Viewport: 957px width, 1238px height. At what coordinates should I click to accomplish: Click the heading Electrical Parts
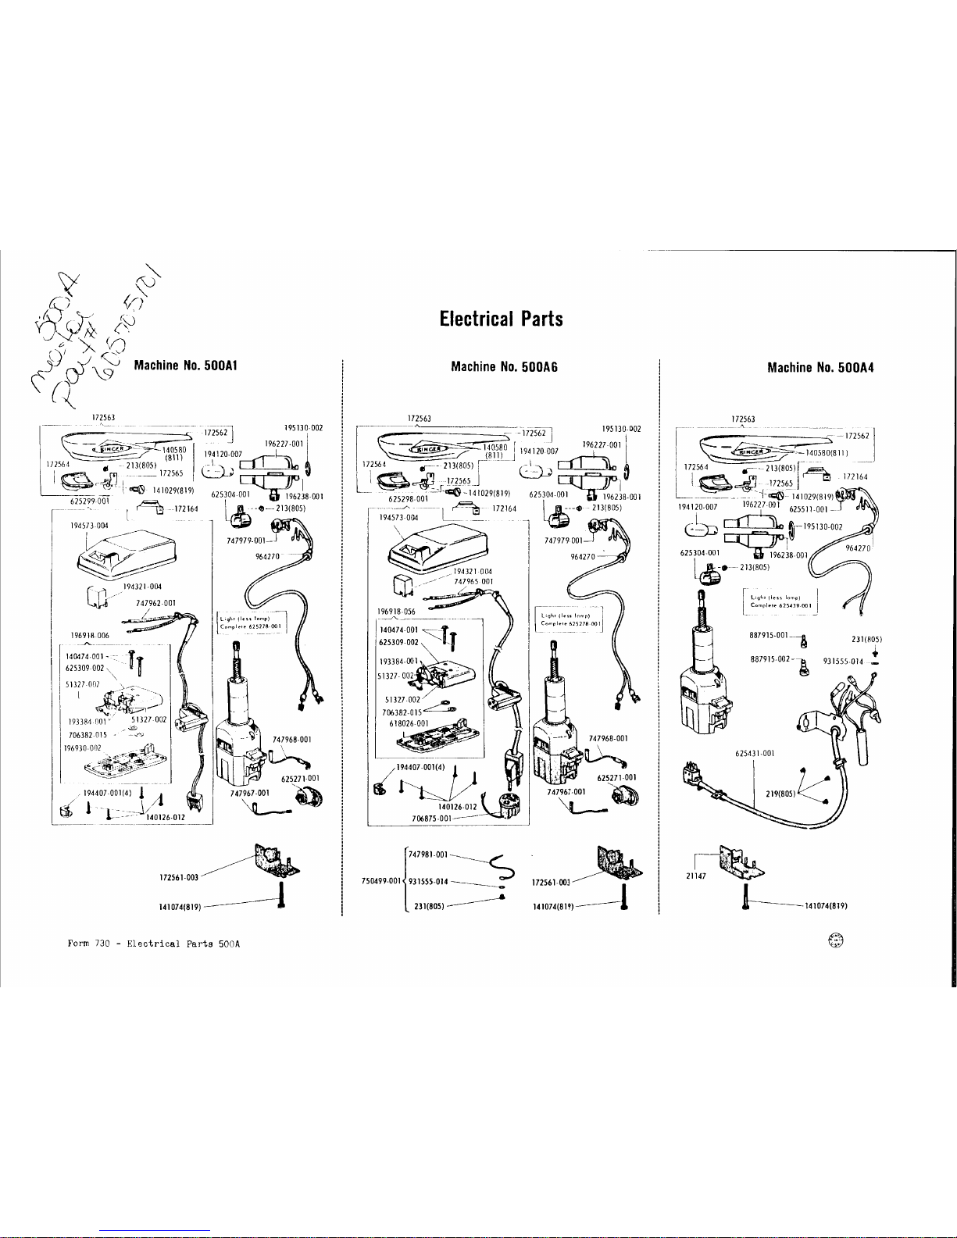[x=501, y=319]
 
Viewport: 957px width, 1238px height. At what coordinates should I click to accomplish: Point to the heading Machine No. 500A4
[x=820, y=366]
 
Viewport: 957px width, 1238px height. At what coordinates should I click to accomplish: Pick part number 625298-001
[x=409, y=498]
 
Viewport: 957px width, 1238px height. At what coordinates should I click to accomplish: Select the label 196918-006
[x=90, y=635]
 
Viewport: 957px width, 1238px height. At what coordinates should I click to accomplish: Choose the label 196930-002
[x=83, y=747]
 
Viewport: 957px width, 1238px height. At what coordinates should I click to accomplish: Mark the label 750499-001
[x=380, y=880]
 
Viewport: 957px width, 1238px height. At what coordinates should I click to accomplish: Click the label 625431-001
[x=755, y=753]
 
